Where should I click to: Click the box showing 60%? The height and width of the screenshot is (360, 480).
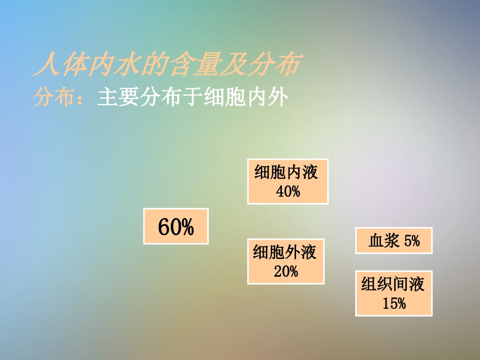tap(176, 227)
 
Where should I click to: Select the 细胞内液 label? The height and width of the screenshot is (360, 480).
tap(287, 173)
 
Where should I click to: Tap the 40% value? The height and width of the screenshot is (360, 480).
tap(288, 191)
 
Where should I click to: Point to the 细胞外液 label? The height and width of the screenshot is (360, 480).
tap(285, 251)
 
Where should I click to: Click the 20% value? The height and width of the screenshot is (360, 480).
tap(286, 271)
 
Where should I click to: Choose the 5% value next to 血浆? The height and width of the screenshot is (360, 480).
tap(412, 241)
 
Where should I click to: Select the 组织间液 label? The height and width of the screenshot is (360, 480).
tap(393, 284)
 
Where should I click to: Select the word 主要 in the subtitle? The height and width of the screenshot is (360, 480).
tap(115, 97)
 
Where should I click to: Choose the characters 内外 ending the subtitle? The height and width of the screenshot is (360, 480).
tap(269, 97)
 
